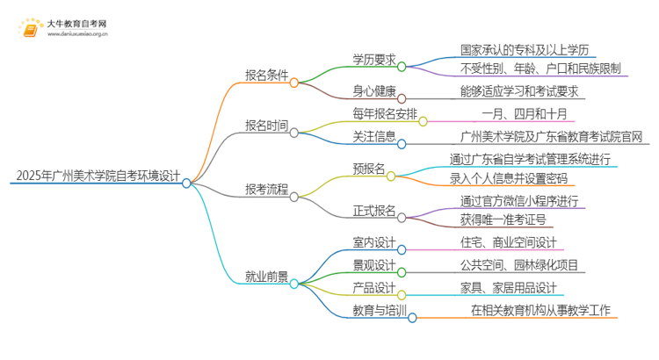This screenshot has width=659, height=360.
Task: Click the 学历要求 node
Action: pos(374,59)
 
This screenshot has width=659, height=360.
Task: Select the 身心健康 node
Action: pos(374,90)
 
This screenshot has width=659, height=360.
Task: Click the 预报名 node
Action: pos(369,169)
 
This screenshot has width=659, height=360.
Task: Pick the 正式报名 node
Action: pos(374,211)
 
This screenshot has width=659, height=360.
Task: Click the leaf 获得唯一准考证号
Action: pos(503,219)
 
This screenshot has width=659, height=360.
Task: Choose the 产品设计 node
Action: pos(374,288)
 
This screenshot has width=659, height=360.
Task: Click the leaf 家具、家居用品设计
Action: pos(509,288)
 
